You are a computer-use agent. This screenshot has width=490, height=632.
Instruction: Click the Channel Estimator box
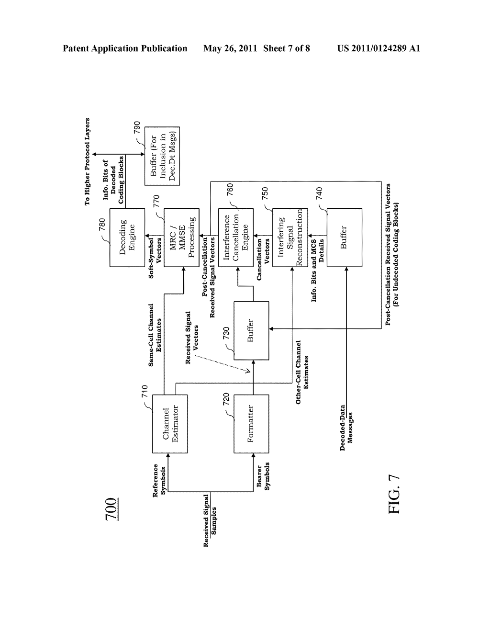coord(170,424)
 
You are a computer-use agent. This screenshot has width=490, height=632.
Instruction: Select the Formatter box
coord(251,424)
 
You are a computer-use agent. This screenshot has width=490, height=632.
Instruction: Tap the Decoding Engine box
coord(127,237)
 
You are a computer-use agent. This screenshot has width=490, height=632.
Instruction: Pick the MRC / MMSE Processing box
coord(181,237)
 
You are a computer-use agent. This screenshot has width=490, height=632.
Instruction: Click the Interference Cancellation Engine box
coord(236,237)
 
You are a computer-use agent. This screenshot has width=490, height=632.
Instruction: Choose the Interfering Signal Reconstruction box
coord(290,237)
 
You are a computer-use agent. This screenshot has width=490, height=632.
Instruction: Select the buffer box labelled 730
coord(251,330)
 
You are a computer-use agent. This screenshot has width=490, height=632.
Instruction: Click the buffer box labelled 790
coord(162,156)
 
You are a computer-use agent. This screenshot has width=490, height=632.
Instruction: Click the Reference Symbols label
coord(159,480)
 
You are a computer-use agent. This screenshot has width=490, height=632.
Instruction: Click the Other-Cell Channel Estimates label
coord(302,372)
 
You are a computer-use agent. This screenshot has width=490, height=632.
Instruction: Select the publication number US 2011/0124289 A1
coord(379,48)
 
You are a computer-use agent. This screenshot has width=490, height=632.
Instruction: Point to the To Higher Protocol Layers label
coord(88,161)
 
